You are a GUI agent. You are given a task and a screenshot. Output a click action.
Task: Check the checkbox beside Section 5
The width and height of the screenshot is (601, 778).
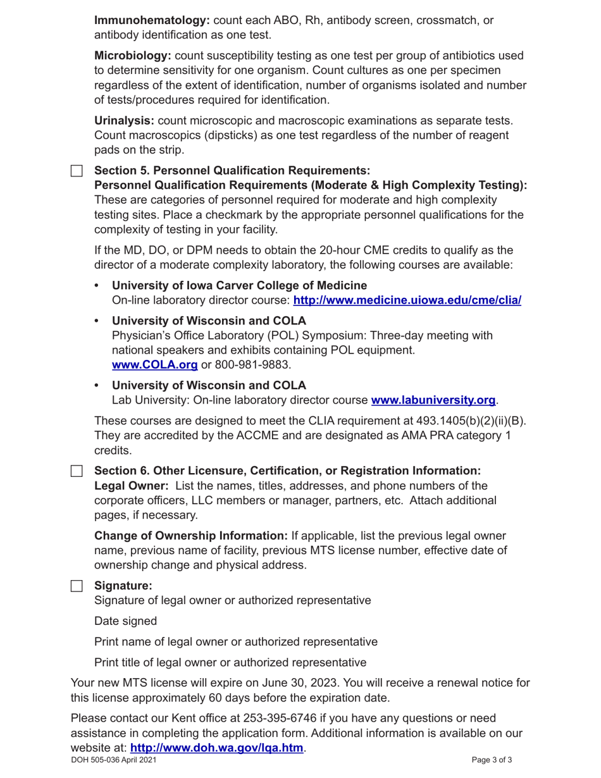tap(77, 171)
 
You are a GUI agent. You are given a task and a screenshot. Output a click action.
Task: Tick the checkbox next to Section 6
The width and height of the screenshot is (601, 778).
tap(77, 471)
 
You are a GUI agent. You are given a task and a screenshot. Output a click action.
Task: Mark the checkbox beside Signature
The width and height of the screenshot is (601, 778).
tap(77, 586)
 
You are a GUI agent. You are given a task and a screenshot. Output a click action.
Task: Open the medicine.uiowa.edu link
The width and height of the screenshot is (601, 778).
tap(407, 300)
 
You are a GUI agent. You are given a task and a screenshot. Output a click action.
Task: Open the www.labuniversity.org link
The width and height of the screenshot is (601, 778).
tap(433, 400)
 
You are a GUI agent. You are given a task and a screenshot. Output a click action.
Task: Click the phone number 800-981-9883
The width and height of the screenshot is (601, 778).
tap(252, 365)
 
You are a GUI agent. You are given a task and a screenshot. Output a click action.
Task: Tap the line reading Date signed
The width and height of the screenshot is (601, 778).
tap(125, 621)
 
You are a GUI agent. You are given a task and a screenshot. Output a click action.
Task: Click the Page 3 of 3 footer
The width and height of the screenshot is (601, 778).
tap(492, 760)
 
